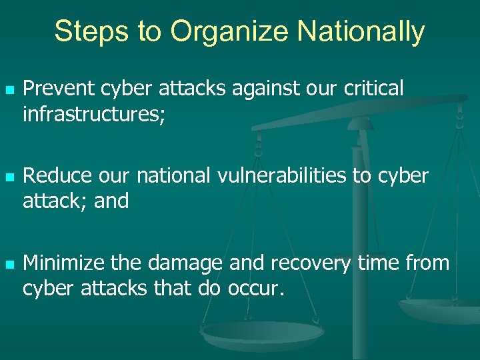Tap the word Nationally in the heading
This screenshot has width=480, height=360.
pos(361,31)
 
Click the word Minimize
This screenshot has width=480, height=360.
pos(64,263)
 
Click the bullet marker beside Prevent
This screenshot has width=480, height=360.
pos(8,89)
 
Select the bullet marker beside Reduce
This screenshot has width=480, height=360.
pos(8,177)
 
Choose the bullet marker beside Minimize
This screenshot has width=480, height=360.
pos(8,264)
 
